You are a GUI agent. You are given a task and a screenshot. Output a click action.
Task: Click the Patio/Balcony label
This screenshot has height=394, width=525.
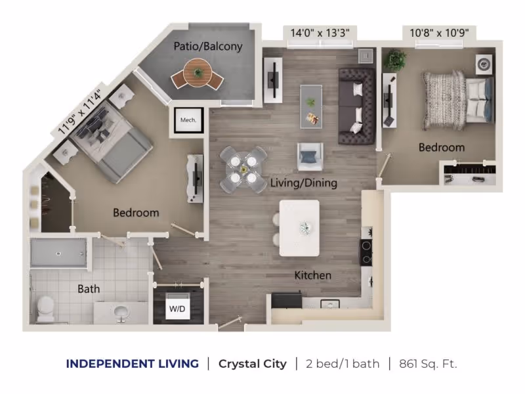208,46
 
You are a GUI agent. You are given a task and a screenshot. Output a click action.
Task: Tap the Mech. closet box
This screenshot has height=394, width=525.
188,120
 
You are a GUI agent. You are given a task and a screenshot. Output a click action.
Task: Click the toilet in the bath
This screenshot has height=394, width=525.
45,309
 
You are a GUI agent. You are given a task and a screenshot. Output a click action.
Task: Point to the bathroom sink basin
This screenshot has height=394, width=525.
121,313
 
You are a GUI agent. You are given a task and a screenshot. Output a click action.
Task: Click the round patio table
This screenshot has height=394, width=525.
198,72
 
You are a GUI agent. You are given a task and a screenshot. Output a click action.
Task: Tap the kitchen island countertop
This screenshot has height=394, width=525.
299,228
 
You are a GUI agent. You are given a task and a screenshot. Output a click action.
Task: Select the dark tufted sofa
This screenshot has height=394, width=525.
357,106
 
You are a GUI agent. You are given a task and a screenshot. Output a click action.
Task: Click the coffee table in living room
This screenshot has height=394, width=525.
311,106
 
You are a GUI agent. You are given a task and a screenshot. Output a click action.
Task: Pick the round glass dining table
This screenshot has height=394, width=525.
243,169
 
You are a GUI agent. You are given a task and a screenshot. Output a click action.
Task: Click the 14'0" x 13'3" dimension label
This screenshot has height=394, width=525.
320,33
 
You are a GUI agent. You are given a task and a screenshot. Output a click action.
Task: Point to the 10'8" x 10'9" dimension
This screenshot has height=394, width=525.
439,33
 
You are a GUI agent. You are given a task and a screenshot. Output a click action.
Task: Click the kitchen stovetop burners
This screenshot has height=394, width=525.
366,252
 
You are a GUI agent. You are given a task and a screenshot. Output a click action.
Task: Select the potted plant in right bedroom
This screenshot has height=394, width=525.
395,60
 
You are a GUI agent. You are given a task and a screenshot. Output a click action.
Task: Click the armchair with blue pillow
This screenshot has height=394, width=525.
310,157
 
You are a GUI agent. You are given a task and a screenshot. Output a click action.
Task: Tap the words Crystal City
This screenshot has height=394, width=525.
253,364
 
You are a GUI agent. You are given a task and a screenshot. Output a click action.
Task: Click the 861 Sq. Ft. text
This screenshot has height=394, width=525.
428,364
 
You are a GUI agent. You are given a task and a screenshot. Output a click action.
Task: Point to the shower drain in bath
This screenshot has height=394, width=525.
58,253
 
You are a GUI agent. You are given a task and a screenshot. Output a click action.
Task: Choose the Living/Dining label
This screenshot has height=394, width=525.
303,183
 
